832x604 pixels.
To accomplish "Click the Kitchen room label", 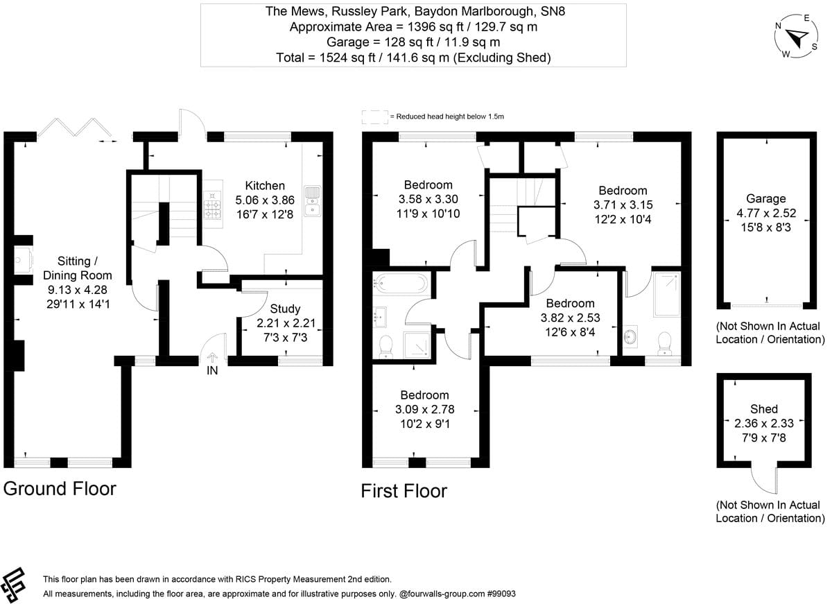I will (x=265, y=185).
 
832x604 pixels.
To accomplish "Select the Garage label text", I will (x=766, y=198).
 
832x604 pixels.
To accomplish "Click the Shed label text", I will (x=763, y=408).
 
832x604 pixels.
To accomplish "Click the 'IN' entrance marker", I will (x=212, y=370).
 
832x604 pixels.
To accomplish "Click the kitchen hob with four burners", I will (x=211, y=209).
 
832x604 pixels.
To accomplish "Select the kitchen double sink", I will (x=313, y=200).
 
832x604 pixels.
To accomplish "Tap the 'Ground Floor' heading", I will (x=60, y=488).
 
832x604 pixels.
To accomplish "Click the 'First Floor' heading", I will (x=404, y=491).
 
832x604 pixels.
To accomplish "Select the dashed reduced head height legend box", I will (x=374, y=117).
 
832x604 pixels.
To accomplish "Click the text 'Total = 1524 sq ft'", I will (x=326, y=58).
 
